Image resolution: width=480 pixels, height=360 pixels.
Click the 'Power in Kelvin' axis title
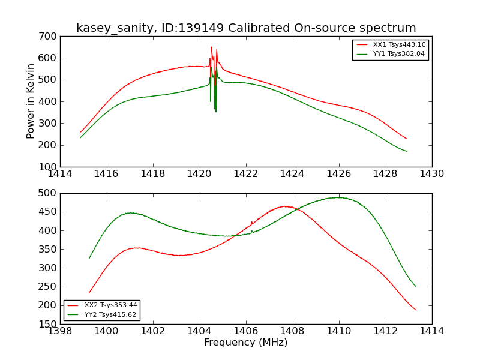click(31, 101)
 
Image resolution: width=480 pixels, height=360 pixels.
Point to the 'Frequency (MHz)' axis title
click(245, 343)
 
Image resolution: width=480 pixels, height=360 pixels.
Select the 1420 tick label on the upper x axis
click(199, 174)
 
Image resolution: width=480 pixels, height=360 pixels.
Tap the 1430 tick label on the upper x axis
click(431, 174)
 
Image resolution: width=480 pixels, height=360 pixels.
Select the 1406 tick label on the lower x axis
click(246, 331)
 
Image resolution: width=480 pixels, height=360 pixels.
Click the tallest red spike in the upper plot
click(211, 47)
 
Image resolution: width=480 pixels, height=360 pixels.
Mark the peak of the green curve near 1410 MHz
click(338, 197)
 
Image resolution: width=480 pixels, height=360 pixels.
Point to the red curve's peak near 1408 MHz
click(286, 206)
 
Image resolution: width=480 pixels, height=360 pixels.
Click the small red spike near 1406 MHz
click(251, 221)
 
